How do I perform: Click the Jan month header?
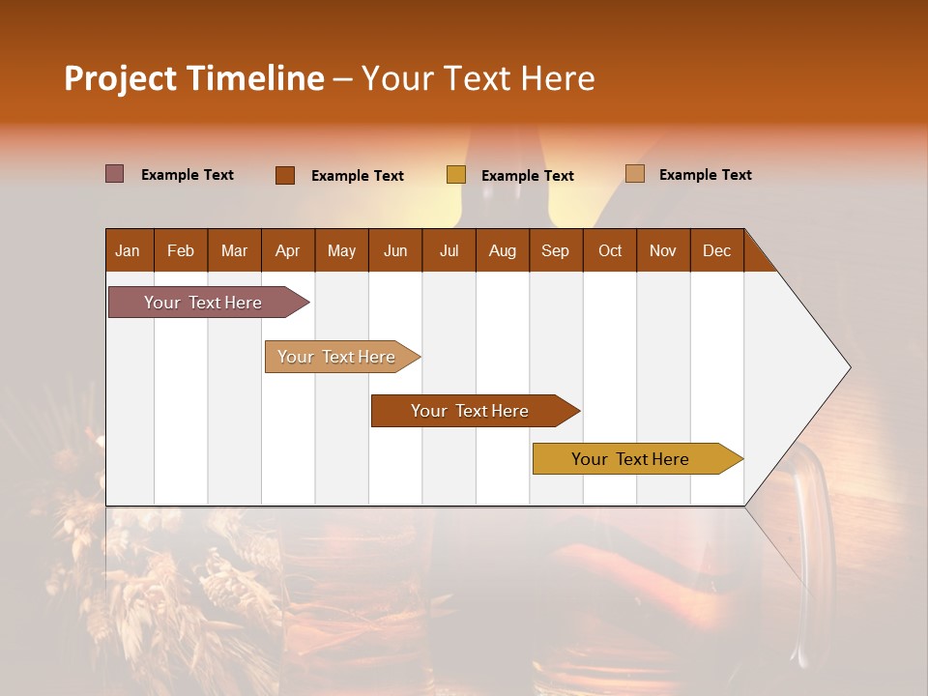129,250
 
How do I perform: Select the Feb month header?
181,250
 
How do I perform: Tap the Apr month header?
288,250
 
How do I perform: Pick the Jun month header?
395,250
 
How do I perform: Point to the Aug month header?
503,250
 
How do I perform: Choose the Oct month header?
610,250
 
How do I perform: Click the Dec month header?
717,250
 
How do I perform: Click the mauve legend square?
115,174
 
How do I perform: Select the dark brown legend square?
285,175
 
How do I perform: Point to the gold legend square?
456,175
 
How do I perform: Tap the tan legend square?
635,174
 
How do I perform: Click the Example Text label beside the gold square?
528,176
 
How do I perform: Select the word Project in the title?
121,78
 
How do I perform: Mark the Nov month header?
663,250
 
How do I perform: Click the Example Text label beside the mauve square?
188,175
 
